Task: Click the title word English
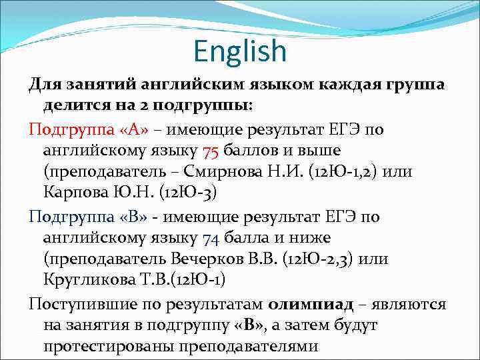[x=240, y=51]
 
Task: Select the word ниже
[x=313, y=237]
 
